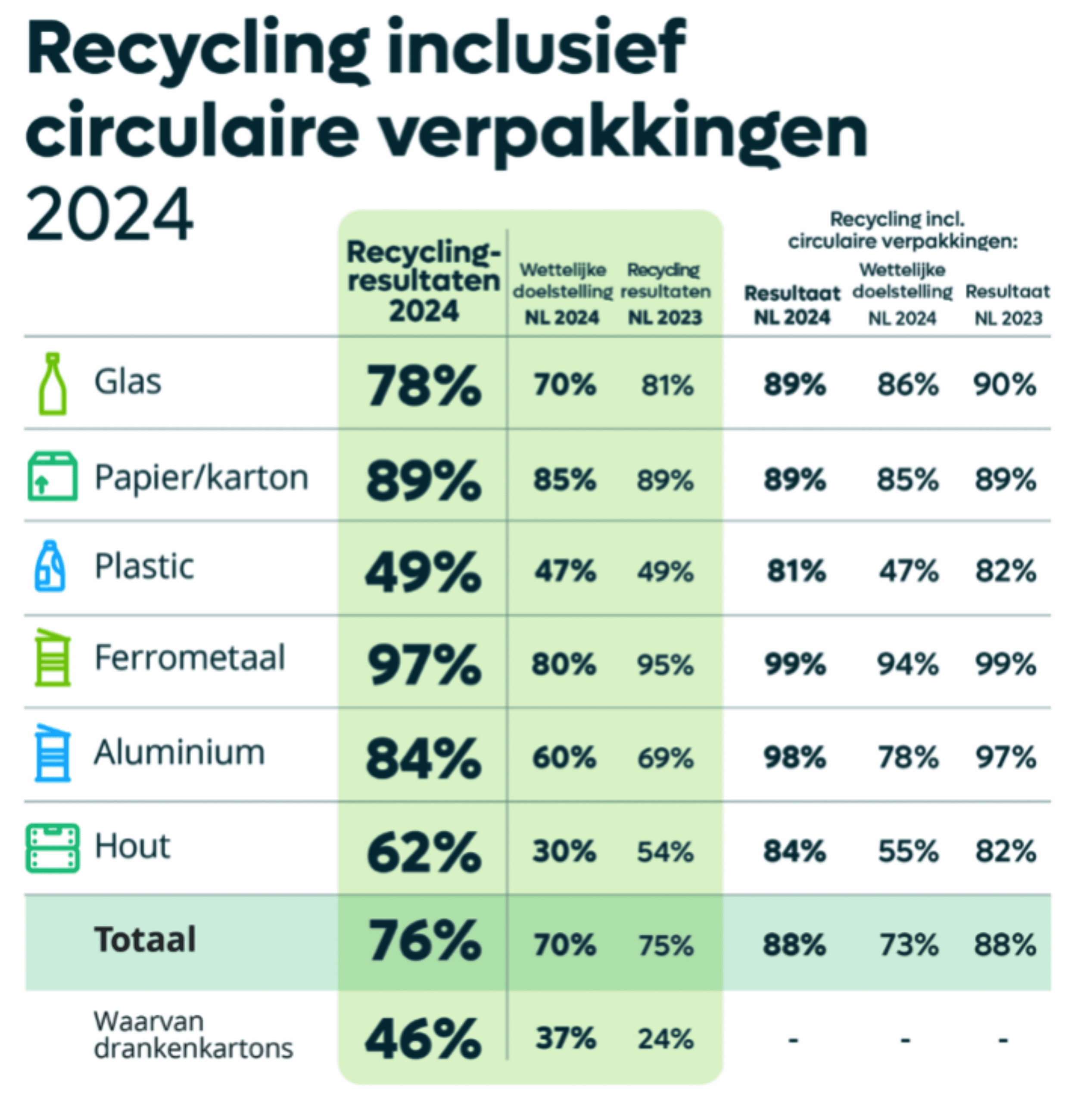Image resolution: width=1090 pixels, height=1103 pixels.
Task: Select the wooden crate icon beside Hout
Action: (x=53, y=848)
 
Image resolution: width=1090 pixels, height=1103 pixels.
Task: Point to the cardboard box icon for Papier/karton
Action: (x=53, y=476)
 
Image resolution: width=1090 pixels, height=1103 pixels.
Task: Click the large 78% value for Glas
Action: (x=423, y=386)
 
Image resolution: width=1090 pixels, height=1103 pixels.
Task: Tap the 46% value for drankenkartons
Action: (x=423, y=1038)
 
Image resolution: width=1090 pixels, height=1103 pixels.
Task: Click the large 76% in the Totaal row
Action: (x=423, y=941)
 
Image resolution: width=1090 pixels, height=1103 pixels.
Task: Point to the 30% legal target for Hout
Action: (x=564, y=851)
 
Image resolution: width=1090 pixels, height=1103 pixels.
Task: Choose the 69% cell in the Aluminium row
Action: (x=665, y=758)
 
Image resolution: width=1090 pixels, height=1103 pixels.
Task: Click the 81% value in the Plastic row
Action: (x=796, y=571)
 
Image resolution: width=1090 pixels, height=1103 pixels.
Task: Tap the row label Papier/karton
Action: (x=201, y=477)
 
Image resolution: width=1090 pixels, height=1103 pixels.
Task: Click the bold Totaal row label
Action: (x=145, y=940)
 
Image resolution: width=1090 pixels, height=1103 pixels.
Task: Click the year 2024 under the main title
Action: (x=109, y=215)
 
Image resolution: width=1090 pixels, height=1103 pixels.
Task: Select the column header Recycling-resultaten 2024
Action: (x=423, y=281)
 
